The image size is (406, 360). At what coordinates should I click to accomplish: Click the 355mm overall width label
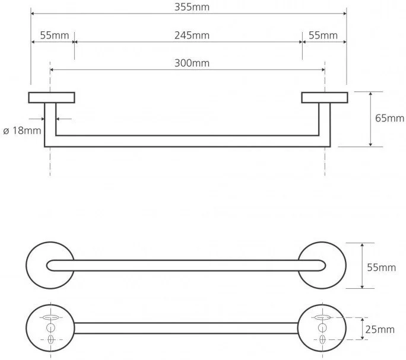click(188, 7)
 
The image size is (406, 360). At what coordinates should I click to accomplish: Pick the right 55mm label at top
click(323, 35)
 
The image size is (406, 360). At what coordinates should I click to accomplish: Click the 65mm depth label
click(389, 118)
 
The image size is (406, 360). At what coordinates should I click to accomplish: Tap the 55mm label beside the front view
click(381, 267)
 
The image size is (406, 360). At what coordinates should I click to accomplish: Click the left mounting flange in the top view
click(52, 97)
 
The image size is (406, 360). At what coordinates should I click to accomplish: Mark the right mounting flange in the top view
click(323, 97)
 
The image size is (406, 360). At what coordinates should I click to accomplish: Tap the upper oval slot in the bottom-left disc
click(50, 318)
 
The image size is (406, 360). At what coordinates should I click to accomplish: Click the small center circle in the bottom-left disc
click(50, 329)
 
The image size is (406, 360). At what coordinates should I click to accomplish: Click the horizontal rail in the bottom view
click(186, 329)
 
